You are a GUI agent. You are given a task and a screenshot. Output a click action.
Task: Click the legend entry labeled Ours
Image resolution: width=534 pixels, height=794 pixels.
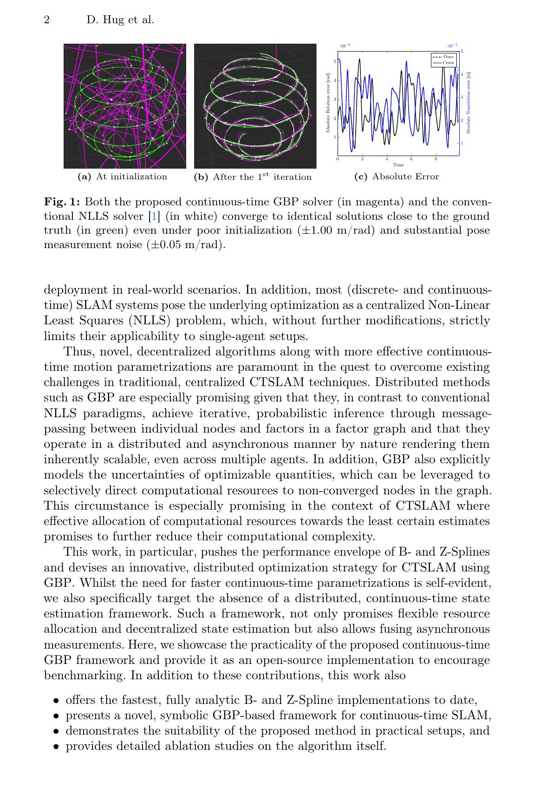(448, 57)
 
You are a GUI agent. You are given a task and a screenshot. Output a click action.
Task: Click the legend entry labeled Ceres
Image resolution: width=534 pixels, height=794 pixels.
(448, 62)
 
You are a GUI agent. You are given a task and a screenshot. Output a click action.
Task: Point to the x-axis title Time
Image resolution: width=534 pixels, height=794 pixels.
(398, 165)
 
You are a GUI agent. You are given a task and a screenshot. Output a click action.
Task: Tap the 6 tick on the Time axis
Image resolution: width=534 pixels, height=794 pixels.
(411, 159)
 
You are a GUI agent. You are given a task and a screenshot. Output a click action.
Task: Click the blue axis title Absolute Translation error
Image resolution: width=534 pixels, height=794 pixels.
(469, 103)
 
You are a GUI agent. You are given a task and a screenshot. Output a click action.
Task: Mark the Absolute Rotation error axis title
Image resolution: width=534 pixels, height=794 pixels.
(328, 103)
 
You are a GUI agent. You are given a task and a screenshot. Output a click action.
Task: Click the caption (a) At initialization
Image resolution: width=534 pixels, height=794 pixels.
(123, 177)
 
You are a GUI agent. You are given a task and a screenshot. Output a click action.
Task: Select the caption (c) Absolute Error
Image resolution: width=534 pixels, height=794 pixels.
(396, 177)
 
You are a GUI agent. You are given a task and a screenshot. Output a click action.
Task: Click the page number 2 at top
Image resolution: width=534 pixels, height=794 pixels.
(46, 20)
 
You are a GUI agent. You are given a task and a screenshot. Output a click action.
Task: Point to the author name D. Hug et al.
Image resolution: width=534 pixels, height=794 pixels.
(120, 20)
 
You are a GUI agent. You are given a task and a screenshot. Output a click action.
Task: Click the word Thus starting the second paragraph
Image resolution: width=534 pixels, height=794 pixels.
(78, 352)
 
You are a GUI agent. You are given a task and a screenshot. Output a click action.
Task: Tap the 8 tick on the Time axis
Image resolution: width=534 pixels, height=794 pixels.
(436, 159)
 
